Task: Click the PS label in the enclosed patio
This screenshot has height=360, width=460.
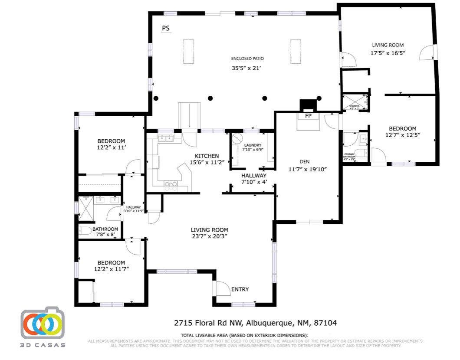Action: (x=166, y=29)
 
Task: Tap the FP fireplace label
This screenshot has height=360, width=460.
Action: (x=308, y=116)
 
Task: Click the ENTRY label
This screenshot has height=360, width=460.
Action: (x=240, y=289)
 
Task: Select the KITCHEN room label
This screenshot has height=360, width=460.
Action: (x=207, y=156)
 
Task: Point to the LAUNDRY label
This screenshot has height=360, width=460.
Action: (x=253, y=145)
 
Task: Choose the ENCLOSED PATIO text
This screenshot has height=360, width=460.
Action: (x=247, y=59)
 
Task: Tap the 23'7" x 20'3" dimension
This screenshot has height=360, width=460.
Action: (x=209, y=236)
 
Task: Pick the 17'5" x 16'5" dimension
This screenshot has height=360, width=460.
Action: (x=388, y=53)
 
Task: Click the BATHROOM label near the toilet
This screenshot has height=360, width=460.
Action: (x=105, y=229)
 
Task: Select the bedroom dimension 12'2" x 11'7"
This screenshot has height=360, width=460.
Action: (x=111, y=269)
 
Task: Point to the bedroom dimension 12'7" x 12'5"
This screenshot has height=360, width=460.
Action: (x=402, y=135)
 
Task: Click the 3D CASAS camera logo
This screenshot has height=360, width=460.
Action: (x=43, y=324)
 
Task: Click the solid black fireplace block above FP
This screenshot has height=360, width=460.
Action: (x=308, y=105)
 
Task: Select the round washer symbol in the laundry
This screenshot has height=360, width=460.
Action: (x=237, y=139)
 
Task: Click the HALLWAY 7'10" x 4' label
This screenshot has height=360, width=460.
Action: (x=254, y=178)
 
